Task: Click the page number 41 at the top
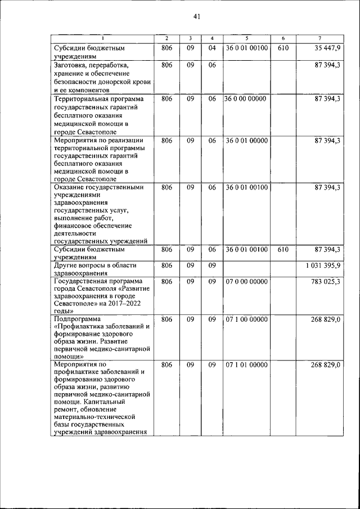[196, 16]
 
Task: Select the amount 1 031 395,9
[319, 264]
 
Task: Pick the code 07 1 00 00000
[246, 319]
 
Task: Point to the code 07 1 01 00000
[246, 365]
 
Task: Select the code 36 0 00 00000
[246, 98]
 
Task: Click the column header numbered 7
[319, 38]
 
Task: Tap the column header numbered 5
[246, 38]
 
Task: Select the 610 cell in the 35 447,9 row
[283, 48]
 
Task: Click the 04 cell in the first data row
[212, 48]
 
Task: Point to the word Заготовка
[70, 65]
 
